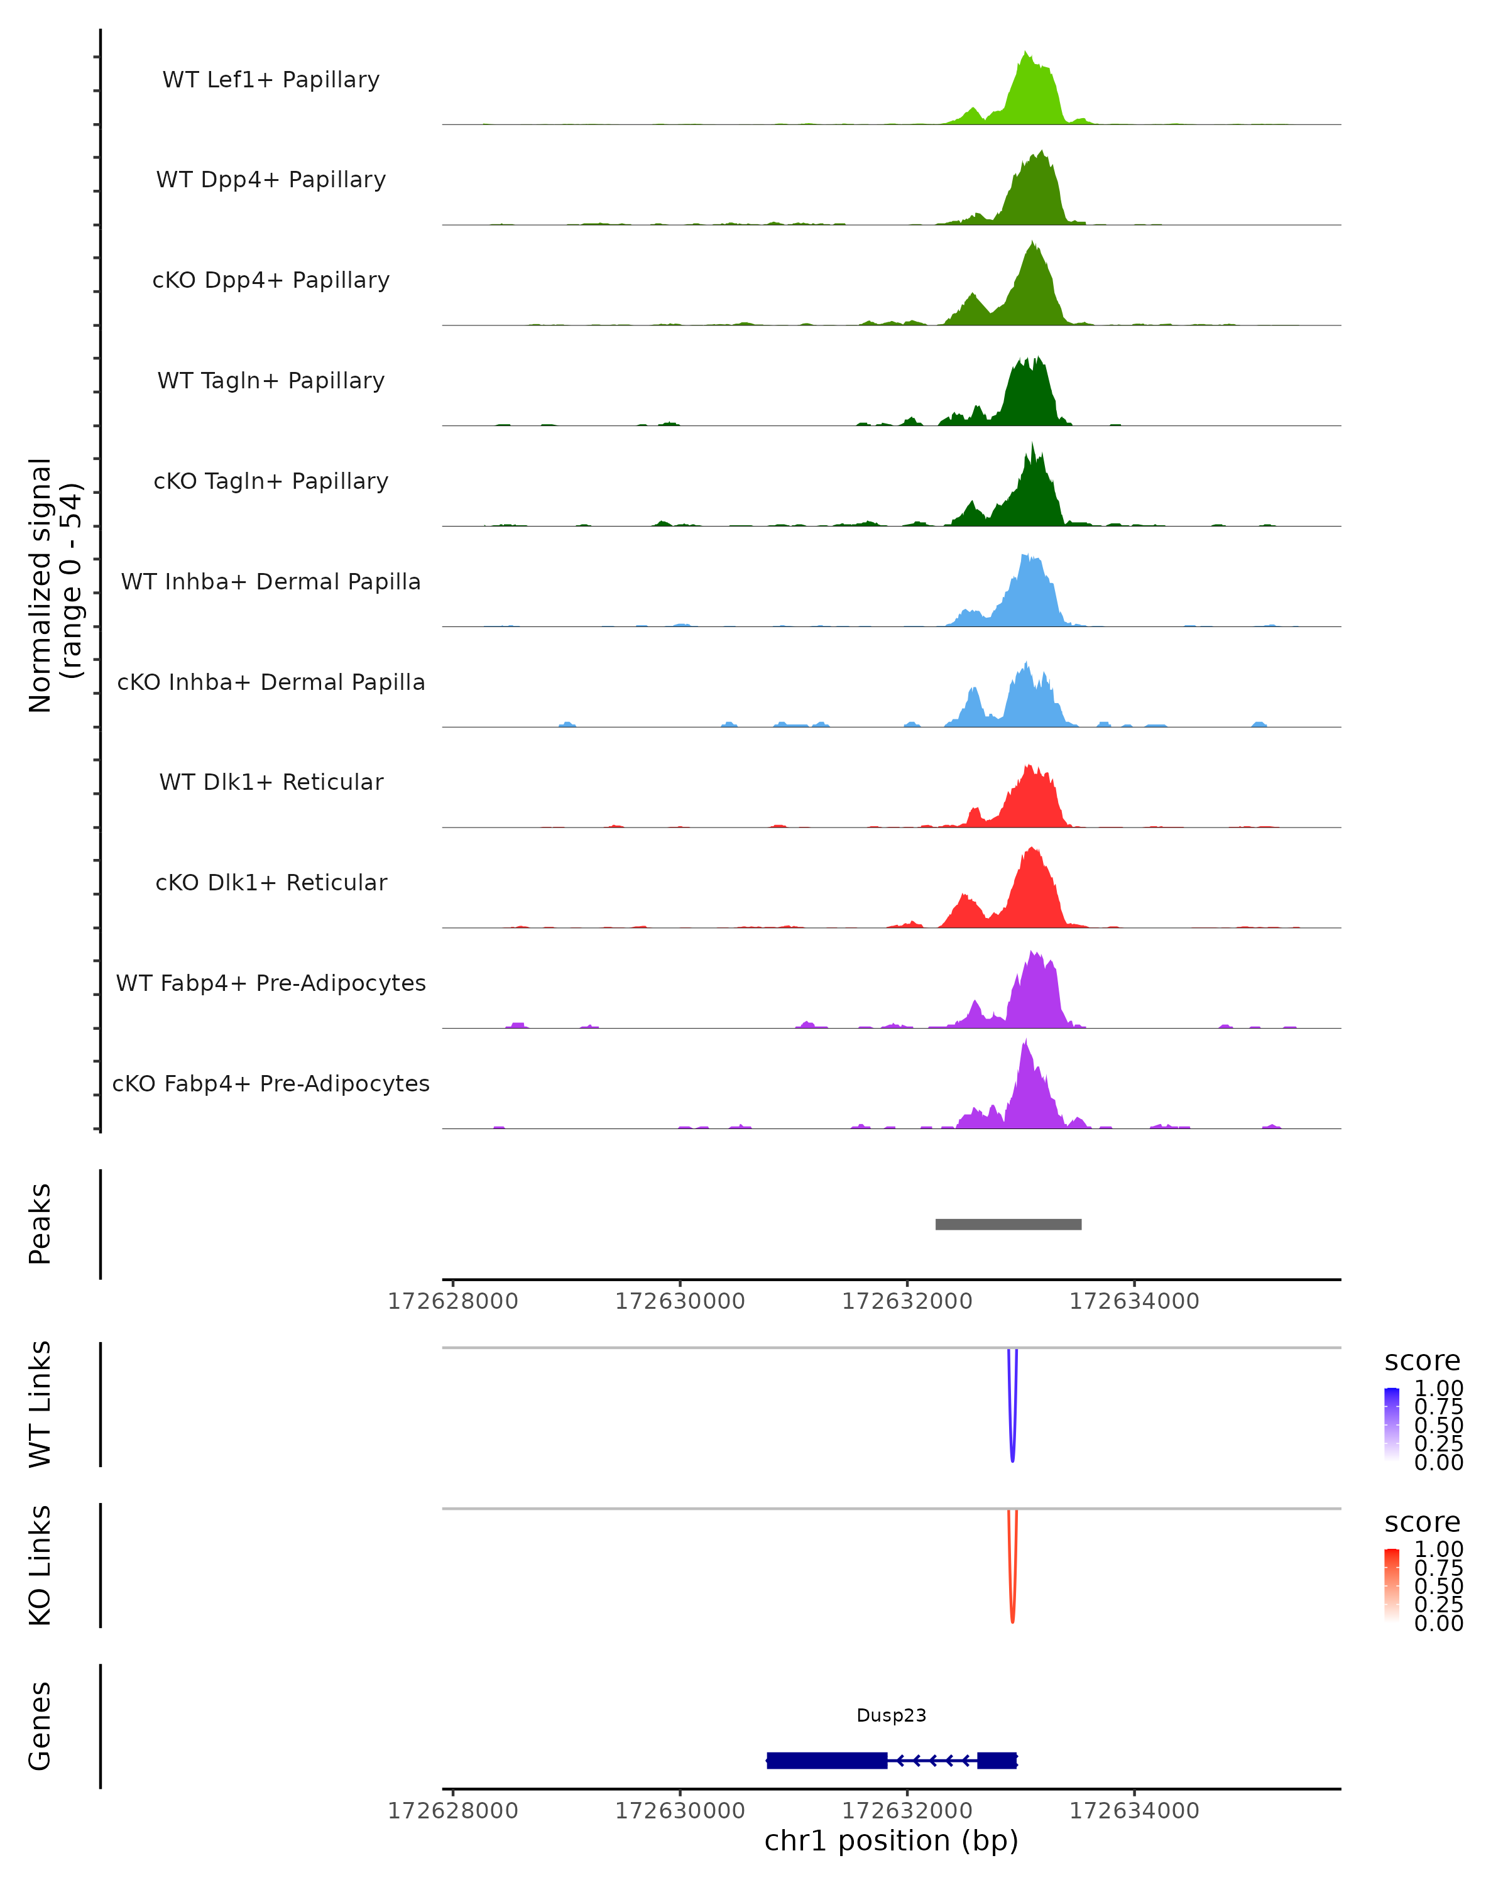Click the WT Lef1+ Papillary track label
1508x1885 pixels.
(x=271, y=80)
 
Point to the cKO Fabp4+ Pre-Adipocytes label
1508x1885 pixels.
(x=271, y=1083)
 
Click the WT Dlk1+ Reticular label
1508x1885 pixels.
(x=271, y=782)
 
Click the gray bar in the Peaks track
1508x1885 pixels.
(x=1008, y=1224)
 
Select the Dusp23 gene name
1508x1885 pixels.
(x=891, y=1715)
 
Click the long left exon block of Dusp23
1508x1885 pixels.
(x=827, y=1760)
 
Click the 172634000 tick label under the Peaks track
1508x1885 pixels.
(x=1134, y=1301)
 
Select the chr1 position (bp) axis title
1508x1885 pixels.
(x=891, y=1840)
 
